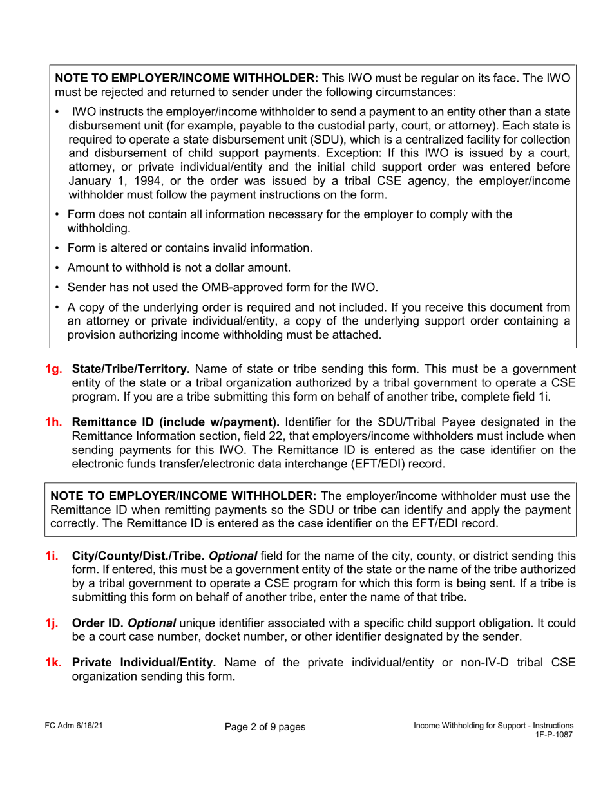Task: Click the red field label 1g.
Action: pyautogui.click(x=53, y=369)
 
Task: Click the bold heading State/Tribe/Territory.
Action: pyautogui.click(x=131, y=369)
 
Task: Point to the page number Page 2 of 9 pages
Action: pyautogui.click(x=265, y=727)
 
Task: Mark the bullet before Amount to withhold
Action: pyautogui.click(x=58, y=268)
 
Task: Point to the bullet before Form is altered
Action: pyautogui.click(x=58, y=248)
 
